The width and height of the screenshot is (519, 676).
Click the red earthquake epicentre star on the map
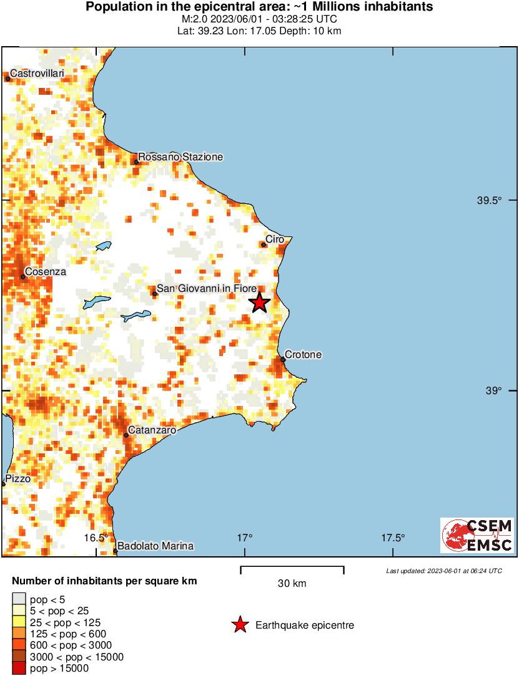[259, 303]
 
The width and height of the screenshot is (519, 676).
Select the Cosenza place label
[46, 272]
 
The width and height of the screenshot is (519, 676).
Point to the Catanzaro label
[152, 430]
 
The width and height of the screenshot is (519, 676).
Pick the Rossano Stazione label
[180, 157]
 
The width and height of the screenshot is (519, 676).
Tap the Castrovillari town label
[37, 74]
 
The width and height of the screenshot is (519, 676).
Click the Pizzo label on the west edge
[17, 480]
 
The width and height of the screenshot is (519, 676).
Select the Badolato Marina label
[156, 546]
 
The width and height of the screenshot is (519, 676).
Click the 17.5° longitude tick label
[393, 538]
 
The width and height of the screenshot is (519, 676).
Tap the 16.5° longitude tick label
[97, 538]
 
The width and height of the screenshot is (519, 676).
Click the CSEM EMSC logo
[477, 535]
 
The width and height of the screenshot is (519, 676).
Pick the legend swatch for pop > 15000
[19, 669]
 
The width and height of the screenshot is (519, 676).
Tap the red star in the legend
[240, 625]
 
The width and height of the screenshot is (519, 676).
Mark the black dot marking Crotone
[283, 359]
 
